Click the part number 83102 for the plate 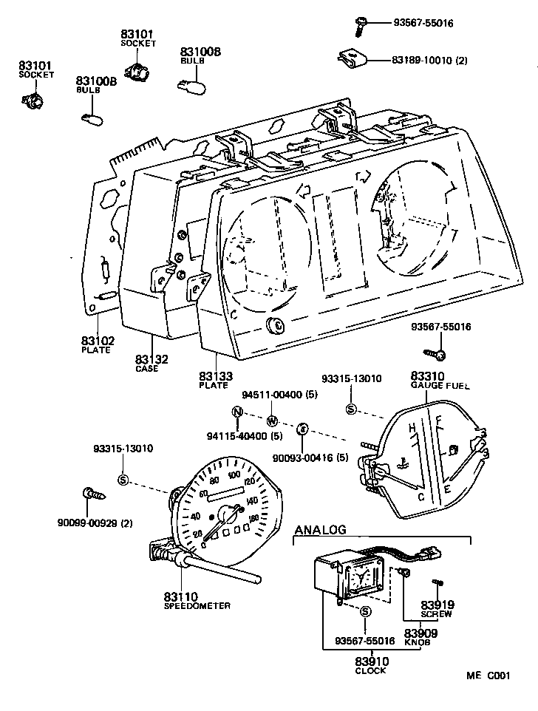(x=97, y=341)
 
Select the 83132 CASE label (x=151, y=360)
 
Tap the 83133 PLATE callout (x=214, y=377)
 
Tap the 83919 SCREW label (x=436, y=605)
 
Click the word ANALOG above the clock (x=320, y=530)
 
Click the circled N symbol (x=236, y=412)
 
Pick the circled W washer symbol (x=271, y=421)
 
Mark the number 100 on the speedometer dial (x=235, y=474)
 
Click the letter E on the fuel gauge (x=446, y=490)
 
